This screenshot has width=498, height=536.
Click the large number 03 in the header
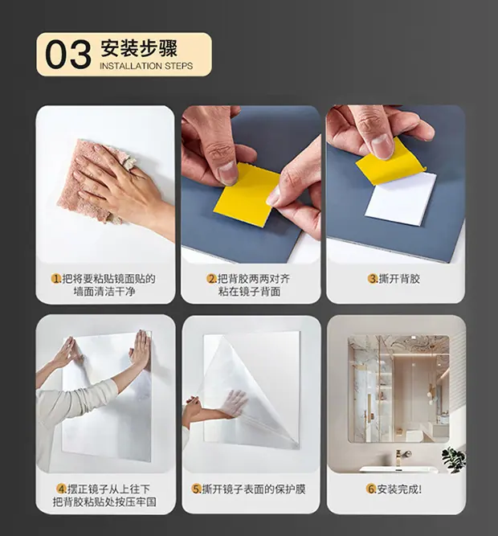(68, 55)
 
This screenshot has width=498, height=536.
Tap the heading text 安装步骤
(139, 48)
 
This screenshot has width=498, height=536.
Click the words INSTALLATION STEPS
(146, 66)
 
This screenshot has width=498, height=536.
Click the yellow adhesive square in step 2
(247, 194)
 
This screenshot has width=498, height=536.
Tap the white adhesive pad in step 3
(400, 199)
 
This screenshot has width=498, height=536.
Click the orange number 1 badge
(55, 279)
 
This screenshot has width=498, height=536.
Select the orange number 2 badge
(211, 279)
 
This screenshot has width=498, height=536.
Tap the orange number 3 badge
(373, 279)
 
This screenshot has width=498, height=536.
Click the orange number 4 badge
(61, 489)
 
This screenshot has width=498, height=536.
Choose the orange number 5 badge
(196, 489)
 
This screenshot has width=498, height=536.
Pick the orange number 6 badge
(371, 489)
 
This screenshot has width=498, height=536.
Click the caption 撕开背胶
(399, 279)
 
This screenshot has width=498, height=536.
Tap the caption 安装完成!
(399, 489)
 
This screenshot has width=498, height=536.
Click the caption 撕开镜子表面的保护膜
(254, 489)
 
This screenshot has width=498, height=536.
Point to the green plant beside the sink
(453, 460)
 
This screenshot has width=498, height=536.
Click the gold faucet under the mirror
(401, 457)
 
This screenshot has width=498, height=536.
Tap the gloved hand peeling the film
(235, 403)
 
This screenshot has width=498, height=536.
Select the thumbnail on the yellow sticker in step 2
(227, 172)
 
